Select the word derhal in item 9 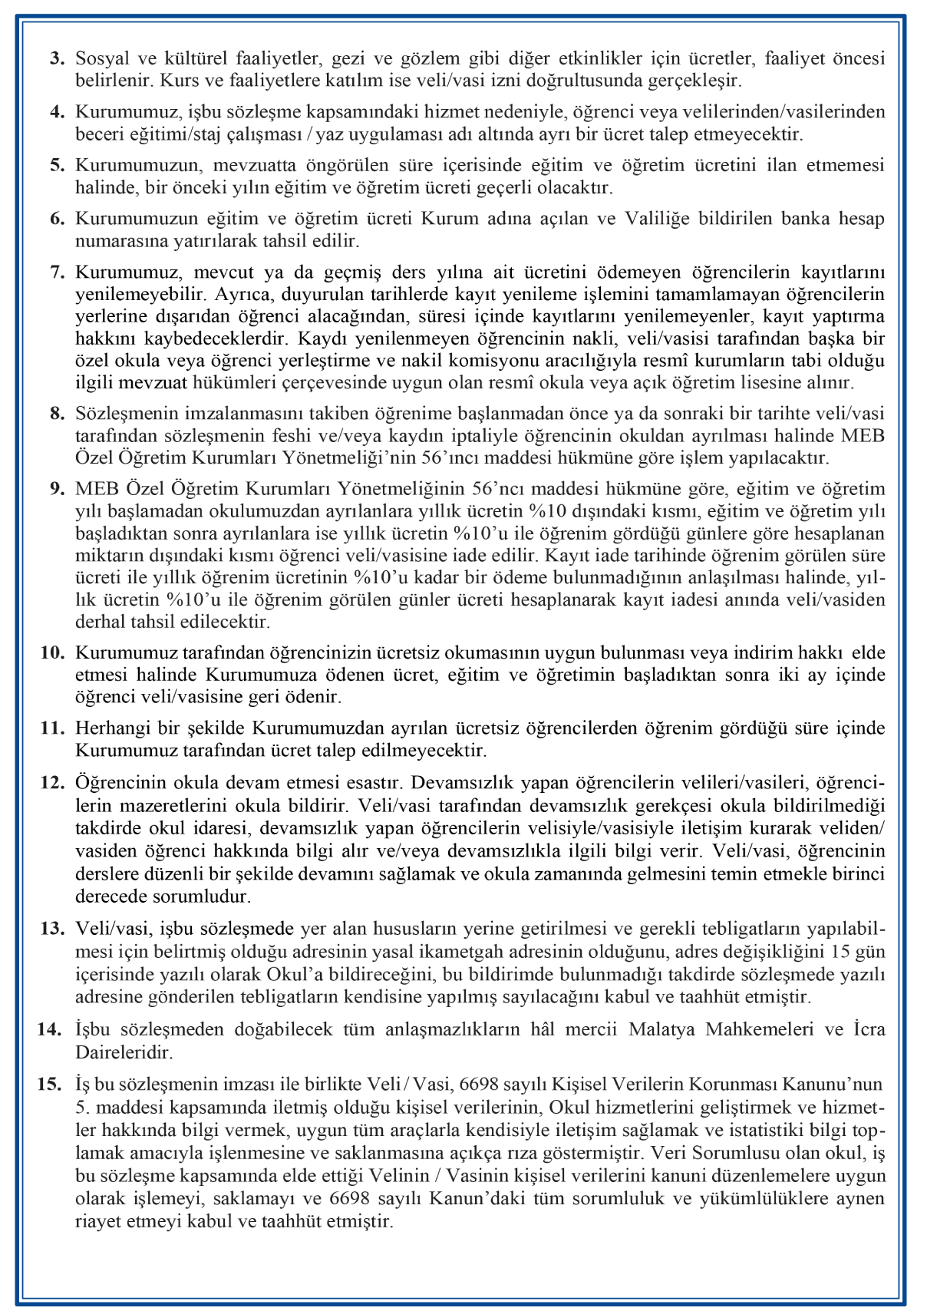96,621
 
